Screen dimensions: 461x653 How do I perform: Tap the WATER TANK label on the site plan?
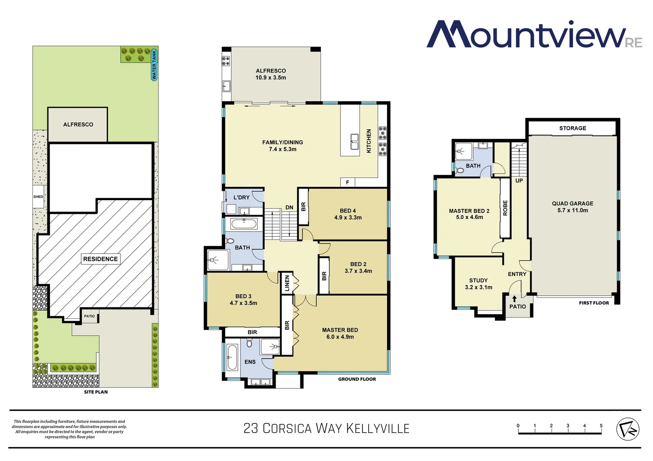tap(154, 65)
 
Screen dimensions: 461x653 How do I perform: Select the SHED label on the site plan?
tap(38, 197)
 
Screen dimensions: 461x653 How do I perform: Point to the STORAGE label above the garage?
tap(572, 128)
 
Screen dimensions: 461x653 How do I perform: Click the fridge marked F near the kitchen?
tap(347, 182)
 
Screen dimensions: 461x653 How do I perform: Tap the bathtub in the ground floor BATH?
tap(244, 224)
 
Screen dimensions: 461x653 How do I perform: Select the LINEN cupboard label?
tap(287, 283)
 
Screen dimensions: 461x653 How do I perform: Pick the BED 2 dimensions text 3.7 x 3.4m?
tap(358, 271)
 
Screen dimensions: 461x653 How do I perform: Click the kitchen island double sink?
tap(354, 142)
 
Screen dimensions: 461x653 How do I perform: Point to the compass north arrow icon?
tap(627, 429)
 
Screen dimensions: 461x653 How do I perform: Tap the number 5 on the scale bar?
tap(601, 426)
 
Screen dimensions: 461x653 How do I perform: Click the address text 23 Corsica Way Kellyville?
tap(326, 429)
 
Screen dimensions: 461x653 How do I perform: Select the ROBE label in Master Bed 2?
tap(505, 208)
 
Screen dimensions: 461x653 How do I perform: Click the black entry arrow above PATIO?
tap(515, 299)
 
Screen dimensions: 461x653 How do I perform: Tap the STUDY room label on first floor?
tap(478, 280)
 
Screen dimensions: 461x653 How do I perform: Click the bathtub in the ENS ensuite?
tap(232, 357)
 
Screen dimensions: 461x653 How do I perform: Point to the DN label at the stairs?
tap(289, 207)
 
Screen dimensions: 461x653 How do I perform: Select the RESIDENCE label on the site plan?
tap(100, 259)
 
